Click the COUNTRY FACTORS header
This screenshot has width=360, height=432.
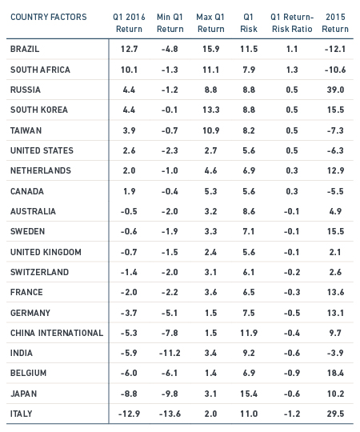49,17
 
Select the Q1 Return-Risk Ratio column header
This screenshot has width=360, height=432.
292,23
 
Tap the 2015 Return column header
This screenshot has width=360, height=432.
335,23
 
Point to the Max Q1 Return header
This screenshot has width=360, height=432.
210,23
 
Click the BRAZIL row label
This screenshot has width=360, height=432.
25,49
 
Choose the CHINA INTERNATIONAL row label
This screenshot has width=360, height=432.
57,333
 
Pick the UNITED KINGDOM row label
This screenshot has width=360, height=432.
46,252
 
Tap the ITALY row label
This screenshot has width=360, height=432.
22,414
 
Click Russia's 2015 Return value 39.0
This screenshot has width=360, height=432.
335,90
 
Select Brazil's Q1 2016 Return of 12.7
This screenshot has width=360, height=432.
129,49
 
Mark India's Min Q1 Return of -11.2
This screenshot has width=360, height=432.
170,353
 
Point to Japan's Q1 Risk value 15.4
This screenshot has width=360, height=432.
249,394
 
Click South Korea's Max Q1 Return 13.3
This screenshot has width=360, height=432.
210,110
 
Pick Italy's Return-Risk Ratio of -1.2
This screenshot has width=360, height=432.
292,414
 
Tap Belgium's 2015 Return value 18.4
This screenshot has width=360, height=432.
335,373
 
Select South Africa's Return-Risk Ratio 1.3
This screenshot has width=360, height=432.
292,70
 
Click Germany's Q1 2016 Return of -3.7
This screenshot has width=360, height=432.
129,313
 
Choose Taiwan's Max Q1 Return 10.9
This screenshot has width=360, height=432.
210,130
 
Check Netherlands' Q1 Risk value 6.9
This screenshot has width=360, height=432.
249,170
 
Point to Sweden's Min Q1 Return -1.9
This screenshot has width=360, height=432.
170,231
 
